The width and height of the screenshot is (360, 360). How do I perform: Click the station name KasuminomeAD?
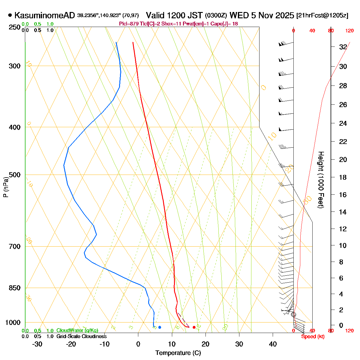tap(44, 15)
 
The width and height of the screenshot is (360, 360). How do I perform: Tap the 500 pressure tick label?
tap(15, 175)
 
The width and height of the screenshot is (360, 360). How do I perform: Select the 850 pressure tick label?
tap(15, 288)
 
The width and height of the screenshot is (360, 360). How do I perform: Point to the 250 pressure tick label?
tap(15, 27)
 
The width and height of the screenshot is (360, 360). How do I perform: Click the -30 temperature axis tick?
tap(37, 344)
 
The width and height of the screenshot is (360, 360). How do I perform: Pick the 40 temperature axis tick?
tap(273, 344)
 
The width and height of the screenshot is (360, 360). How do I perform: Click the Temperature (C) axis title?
tap(178, 353)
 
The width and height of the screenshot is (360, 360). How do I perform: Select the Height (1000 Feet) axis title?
tap(321, 180)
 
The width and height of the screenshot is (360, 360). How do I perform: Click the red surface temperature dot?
tap(194, 327)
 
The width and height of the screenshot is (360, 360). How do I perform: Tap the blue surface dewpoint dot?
tap(160, 327)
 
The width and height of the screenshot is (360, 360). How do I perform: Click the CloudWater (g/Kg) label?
tap(77, 330)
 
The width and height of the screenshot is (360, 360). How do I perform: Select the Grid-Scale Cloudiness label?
tap(81, 336)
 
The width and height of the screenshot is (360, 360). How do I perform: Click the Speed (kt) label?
tap(313, 336)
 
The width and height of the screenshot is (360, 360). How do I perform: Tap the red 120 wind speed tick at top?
tap(349, 31)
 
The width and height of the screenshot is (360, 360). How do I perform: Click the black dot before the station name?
tap(10, 15)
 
